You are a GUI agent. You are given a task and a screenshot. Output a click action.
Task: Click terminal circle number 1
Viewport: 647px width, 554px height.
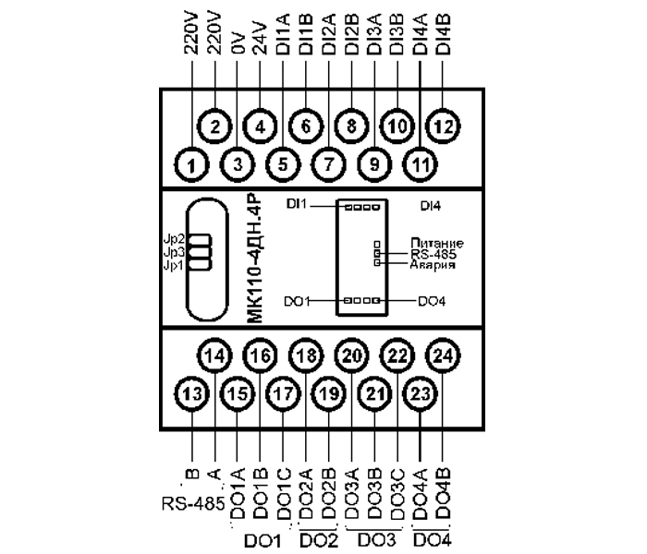click(192, 166)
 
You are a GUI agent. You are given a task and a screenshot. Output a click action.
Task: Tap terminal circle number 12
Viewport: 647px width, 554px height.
click(443, 126)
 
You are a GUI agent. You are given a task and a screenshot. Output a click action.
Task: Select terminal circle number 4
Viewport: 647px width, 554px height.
click(261, 126)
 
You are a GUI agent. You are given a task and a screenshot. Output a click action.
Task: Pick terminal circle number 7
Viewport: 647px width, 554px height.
click(329, 166)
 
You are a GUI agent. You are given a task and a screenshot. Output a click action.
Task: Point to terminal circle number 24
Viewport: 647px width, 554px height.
click(443, 355)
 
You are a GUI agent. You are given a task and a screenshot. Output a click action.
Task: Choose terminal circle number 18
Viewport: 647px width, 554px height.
click(306, 355)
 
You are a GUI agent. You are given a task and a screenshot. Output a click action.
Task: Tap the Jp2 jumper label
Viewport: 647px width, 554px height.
click(173, 238)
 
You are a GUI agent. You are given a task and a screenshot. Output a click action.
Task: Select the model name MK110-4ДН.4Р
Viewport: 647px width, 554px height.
click(256, 258)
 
